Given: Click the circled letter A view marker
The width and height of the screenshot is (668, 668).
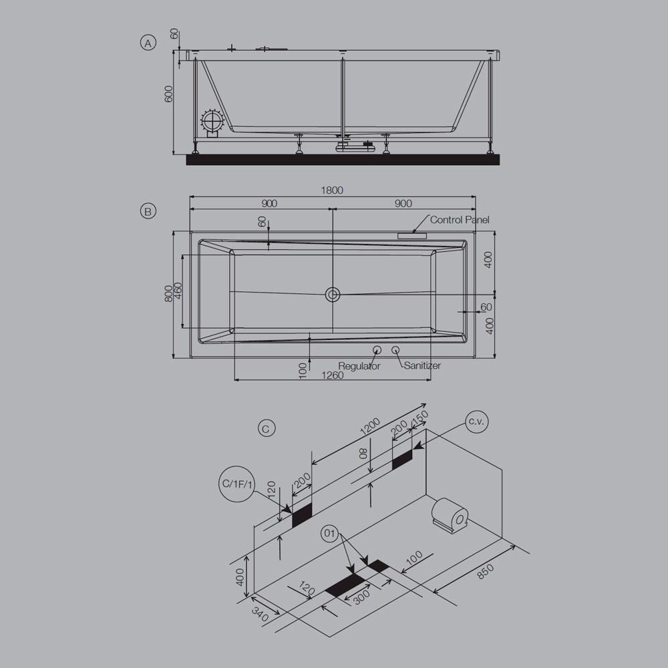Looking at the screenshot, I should coord(148,43).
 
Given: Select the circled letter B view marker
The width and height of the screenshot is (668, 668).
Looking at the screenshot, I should coord(148,211).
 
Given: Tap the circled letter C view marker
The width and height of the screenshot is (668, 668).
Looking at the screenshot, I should coord(266,428).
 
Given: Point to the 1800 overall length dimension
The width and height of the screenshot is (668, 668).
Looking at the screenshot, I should coord(332,190).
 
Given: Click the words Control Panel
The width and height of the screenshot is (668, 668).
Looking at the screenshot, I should coord(460,220).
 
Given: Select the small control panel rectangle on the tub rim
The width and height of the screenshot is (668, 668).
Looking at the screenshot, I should coord(412,235).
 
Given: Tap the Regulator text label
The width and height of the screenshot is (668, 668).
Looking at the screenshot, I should coord(359,366).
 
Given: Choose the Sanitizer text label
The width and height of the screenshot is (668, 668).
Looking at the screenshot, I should coord(422,365).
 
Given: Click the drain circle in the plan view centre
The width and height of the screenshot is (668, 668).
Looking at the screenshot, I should coord(333,294).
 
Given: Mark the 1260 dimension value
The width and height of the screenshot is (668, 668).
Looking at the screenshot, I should coord(332,375).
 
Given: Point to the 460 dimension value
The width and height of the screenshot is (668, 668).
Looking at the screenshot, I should coord(178,291).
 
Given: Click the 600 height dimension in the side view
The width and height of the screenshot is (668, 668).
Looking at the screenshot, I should coord(169,94).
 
